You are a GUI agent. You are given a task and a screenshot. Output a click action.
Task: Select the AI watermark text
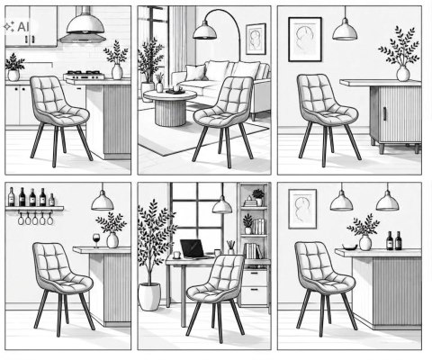[x=23, y=27]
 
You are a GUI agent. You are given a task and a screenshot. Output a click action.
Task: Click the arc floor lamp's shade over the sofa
[x=204, y=31]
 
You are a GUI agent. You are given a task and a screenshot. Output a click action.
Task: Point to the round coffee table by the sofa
[x=170, y=107]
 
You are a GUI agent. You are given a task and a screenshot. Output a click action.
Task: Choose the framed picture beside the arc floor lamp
[x=256, y=39]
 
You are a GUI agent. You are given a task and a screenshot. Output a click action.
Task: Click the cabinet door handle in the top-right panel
[x=384, y=113]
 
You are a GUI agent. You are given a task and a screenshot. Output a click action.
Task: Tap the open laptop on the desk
[x=193, y=249]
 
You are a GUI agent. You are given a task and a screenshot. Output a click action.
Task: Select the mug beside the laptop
[x=176, y=255]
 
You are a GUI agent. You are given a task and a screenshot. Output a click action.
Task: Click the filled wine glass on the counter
[x=96, y=240]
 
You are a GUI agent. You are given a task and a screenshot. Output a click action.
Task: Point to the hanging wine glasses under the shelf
[x=35, y=218]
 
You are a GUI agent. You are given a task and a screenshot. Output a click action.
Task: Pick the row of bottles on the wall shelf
[x=31, y=197]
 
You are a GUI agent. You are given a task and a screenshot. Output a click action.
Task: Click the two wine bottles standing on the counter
[x=394, y=240]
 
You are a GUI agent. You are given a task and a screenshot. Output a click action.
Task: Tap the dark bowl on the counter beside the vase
[x=350, y=247]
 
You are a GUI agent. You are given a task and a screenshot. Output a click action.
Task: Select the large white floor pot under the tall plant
[x=149, y=296]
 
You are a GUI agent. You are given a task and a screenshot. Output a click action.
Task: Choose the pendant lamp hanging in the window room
[x=222, y=205]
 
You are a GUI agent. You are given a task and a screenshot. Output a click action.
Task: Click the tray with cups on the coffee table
[x=175, y=90]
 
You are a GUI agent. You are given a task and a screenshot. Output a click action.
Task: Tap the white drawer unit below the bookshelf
[x=254, y=287]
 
